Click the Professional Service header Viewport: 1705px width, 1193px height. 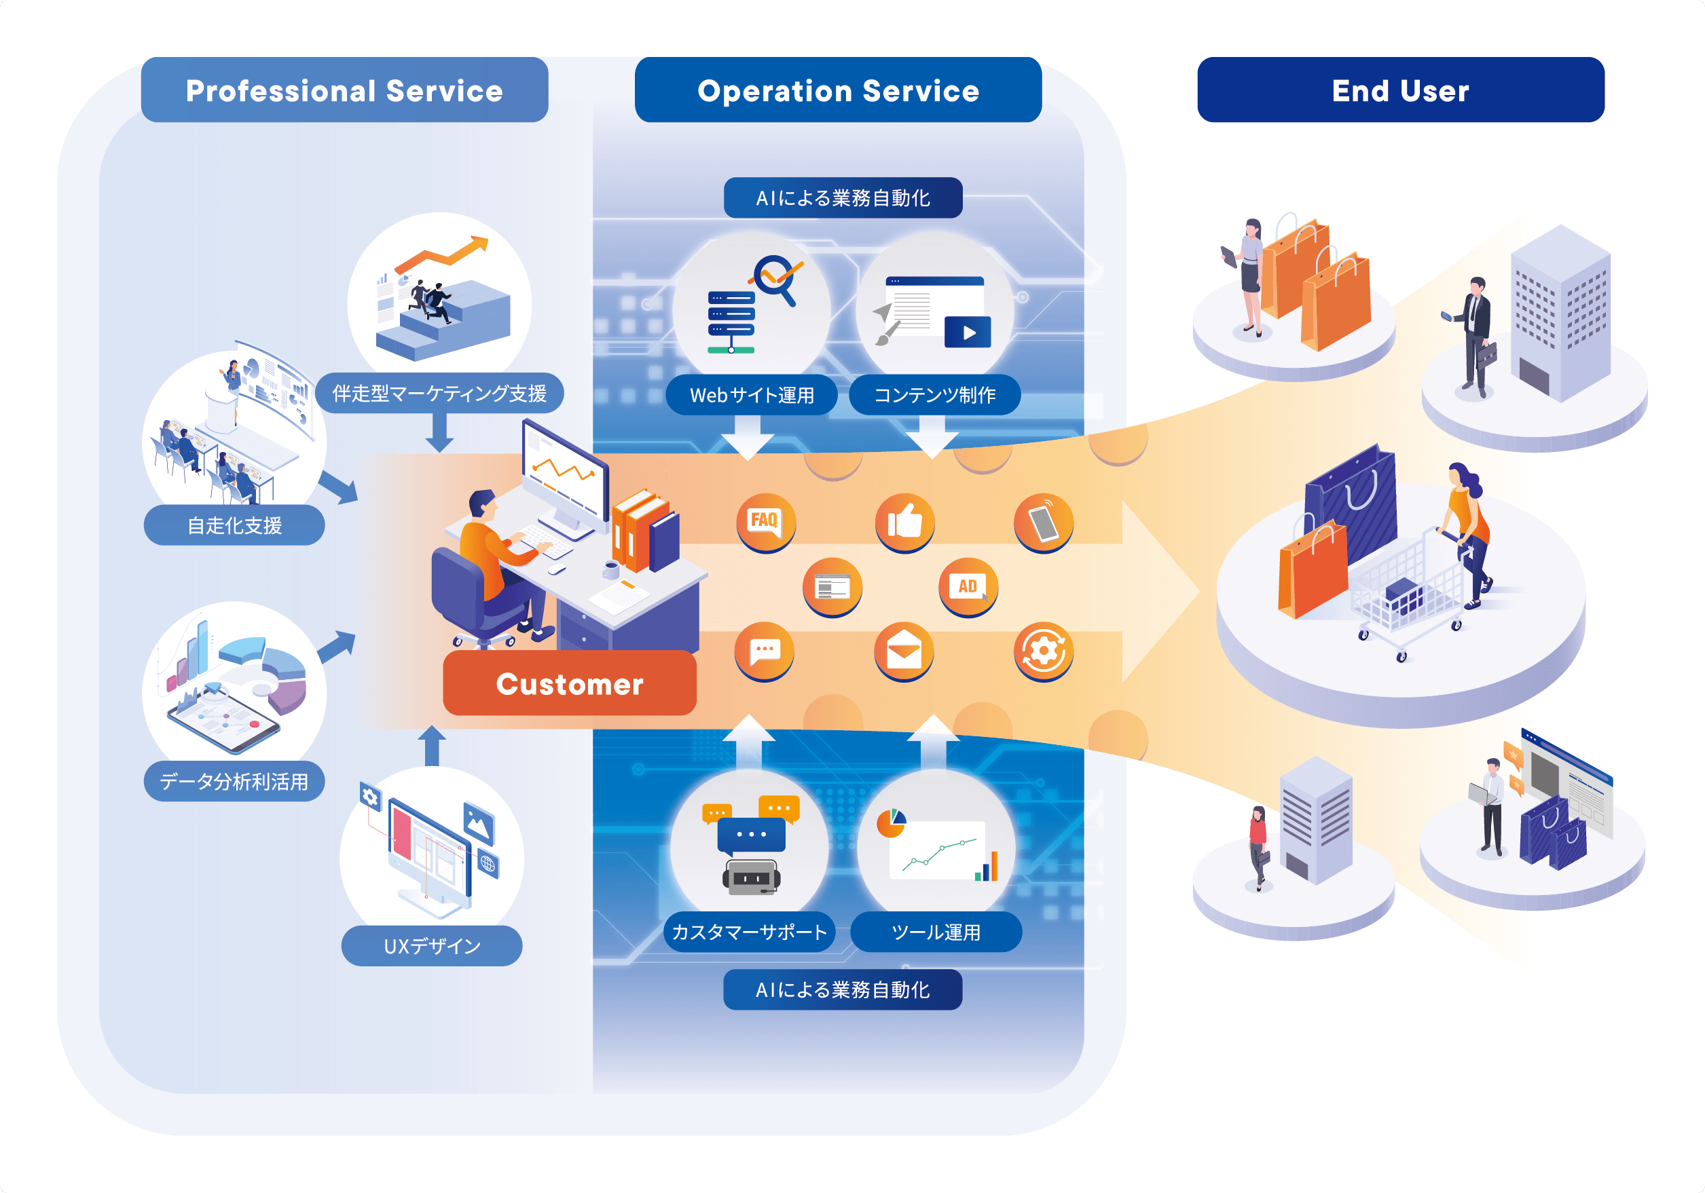tap(344, 90)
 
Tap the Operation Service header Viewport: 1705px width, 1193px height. tap(838, 90)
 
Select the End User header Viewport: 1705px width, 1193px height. tap(1400, 90)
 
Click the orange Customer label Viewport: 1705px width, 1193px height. tap(570, 684)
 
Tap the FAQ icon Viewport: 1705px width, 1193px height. tap(765, 521)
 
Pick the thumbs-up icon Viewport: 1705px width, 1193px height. tap(904, 521)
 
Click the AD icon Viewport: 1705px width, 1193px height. tap(968, 586)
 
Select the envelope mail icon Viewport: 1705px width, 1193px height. tap(904, 651)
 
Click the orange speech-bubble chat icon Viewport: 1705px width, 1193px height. tap(764, 651)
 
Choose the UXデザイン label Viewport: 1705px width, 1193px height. tap(431, 946)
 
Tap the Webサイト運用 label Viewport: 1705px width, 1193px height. tap(752, 395)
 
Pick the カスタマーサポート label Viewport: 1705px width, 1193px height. tap(749, 932)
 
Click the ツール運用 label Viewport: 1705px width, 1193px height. tap(936, 932)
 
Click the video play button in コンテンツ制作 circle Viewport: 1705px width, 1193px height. tap(968, 333)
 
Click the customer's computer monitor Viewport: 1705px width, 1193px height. tap(563, 472)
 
